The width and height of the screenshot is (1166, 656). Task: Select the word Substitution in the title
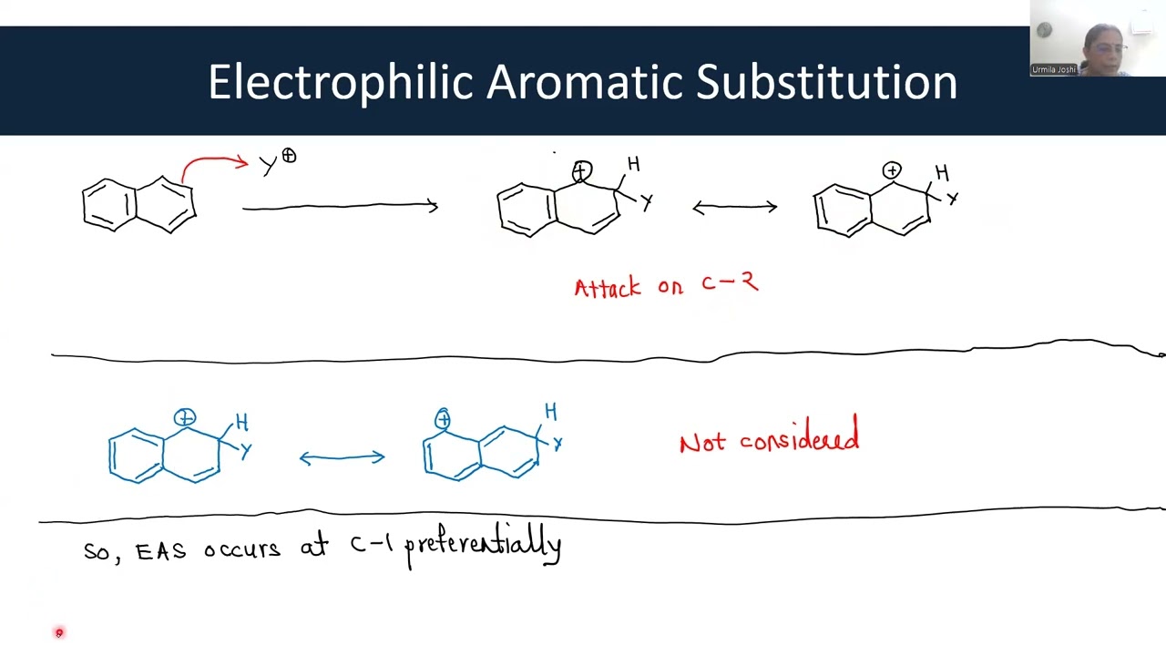click(826, 82)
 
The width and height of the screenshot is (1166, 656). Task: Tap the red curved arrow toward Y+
click(213, 162)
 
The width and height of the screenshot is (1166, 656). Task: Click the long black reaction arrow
click(339, 208)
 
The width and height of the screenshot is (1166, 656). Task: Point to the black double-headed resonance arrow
click(734, 208)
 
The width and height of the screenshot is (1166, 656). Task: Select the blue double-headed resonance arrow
click(342, 457)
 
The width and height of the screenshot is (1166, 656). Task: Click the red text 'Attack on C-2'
click(666, 286)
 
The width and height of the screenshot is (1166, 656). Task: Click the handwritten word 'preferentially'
click(483, 547)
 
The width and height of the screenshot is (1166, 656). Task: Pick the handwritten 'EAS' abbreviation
click(160, 551)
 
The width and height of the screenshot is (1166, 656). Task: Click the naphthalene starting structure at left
click(138, 204)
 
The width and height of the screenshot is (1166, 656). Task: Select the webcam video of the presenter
click(1098, 38)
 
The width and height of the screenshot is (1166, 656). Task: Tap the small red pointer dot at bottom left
click(59, 632)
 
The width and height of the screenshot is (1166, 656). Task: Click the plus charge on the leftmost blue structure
click(185, 418)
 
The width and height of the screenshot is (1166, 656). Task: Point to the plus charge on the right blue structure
click(443, 419)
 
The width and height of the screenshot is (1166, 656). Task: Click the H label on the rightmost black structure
click(942, 173)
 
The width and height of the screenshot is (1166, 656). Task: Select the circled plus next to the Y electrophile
click(289, 157)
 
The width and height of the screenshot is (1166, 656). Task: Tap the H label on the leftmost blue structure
click(241, 423)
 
